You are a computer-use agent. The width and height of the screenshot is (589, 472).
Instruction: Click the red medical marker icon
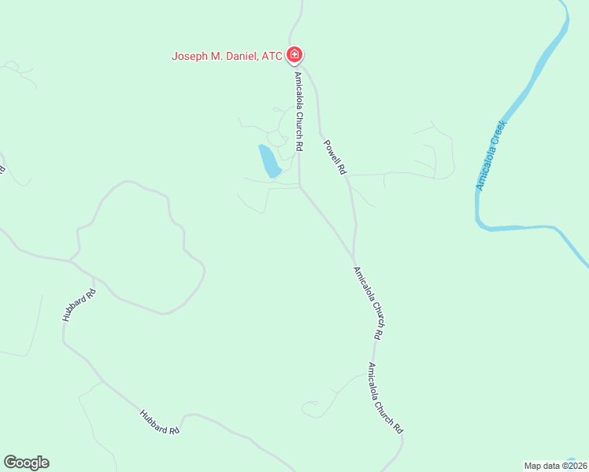294,55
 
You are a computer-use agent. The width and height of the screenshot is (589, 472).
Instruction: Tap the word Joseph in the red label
190,56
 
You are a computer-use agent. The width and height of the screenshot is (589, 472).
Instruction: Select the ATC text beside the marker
272,56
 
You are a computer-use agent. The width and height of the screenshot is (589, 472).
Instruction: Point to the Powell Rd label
335,157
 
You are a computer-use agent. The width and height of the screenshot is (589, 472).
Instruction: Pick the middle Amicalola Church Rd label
369,303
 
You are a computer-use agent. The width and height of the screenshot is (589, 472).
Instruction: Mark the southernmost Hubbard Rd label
160,422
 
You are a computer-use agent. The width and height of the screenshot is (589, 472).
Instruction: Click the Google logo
26,463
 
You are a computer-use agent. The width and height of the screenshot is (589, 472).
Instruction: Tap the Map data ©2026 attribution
556,466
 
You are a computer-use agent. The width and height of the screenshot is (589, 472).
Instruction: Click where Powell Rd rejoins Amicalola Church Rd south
354,260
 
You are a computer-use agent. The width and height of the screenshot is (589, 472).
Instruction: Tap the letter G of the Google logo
9,463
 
